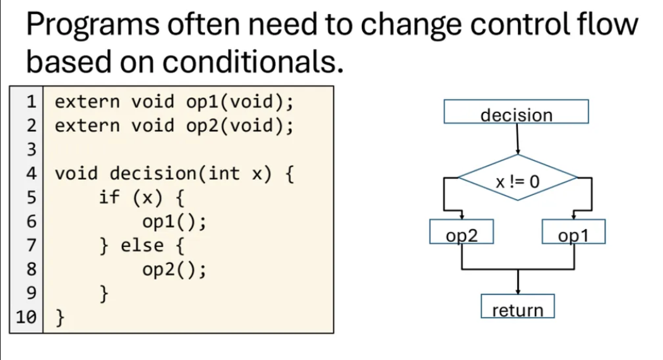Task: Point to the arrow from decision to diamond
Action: tap(518, 139)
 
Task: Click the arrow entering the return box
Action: tap(518, 283)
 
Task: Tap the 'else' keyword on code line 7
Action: tap(143, 246)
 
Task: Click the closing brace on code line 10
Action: tap(61, 317)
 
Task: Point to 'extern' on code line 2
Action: tap(87, 126)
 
